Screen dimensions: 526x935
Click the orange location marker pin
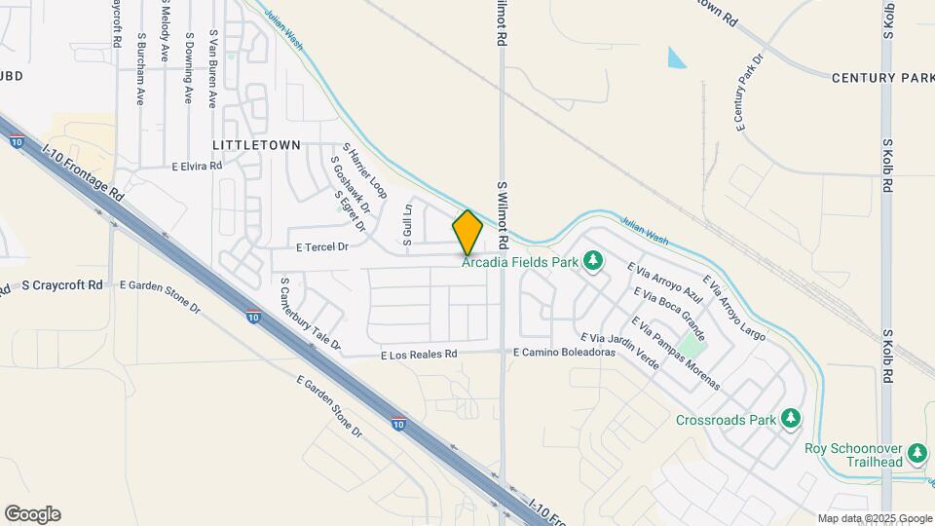click(x=468, y=233)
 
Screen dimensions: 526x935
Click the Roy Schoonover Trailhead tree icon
click(x=917, y=452)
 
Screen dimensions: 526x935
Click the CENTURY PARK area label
click(x=882, y=77)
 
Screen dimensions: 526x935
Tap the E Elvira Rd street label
click(x=197, y=167)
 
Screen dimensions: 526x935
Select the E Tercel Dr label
click(x=316, y=247)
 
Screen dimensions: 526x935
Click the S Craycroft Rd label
click(x=61, y=285)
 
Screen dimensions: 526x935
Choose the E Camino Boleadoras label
click(x=565, y=352)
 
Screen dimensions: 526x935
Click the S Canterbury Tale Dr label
click(x=310, y=314)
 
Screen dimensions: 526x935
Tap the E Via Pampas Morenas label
click(x=676, y=353)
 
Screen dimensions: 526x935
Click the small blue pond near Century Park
click(x=676, y=58)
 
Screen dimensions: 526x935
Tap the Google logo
click(x=31, y=514)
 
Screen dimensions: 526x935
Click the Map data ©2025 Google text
click(x=875, y=518)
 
